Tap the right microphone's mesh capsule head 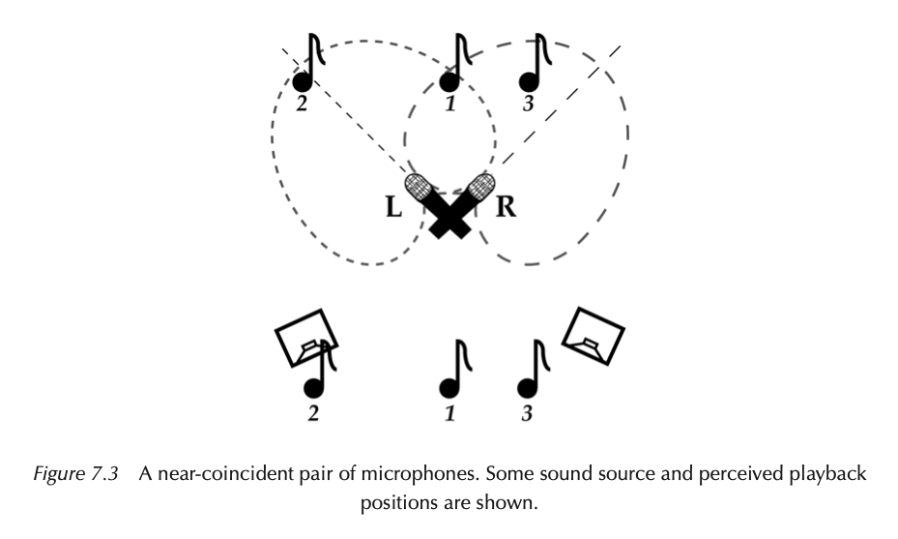coord(480,186)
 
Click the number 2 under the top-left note coord(302,104)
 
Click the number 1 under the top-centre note coord(449,104)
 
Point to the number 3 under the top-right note coord(528,104)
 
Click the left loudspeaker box coord(304,337)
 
